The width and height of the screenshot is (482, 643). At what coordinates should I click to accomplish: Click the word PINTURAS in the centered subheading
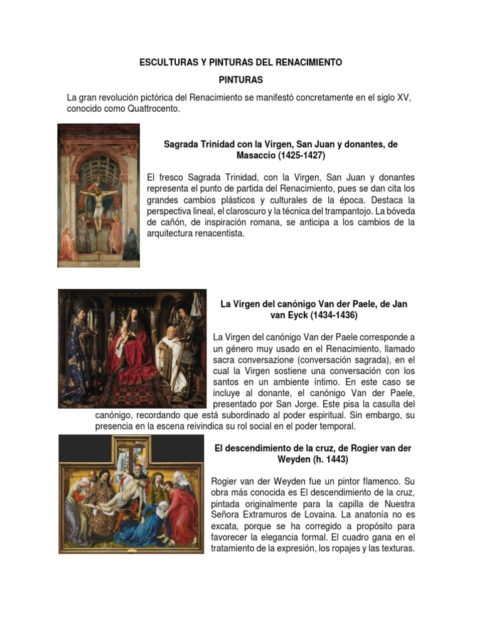click(242, 80)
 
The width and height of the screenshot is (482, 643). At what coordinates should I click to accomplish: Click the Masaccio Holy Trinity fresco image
click(99, 195)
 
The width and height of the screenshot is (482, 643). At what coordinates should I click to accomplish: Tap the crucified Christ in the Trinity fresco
click(98, 201)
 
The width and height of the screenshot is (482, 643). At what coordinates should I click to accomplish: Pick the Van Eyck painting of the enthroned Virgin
click(132, 349)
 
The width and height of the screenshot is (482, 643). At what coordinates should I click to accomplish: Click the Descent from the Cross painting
click(131, 495)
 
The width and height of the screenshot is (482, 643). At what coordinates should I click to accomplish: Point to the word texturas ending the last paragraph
click(394, 549)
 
